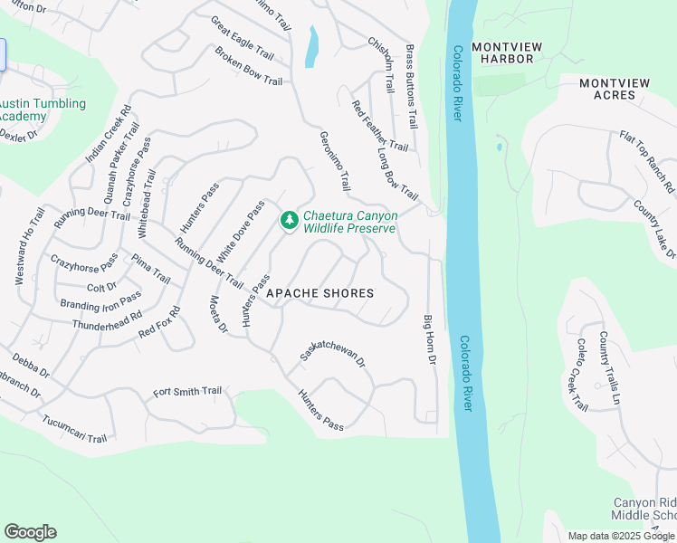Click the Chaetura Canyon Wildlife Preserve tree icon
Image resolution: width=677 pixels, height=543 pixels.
coord(289,220)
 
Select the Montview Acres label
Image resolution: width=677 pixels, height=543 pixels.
coord(615,90)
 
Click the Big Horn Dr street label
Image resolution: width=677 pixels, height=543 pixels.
coord(430,341)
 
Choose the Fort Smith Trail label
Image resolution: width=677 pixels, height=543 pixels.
coord(187,392)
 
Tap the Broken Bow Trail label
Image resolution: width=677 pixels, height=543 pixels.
coord(249,66)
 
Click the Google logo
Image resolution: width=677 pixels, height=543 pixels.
coord(30,532)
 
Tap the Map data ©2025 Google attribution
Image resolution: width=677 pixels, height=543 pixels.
coord(621,536)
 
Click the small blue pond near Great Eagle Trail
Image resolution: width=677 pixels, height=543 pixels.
coord(312,47)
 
